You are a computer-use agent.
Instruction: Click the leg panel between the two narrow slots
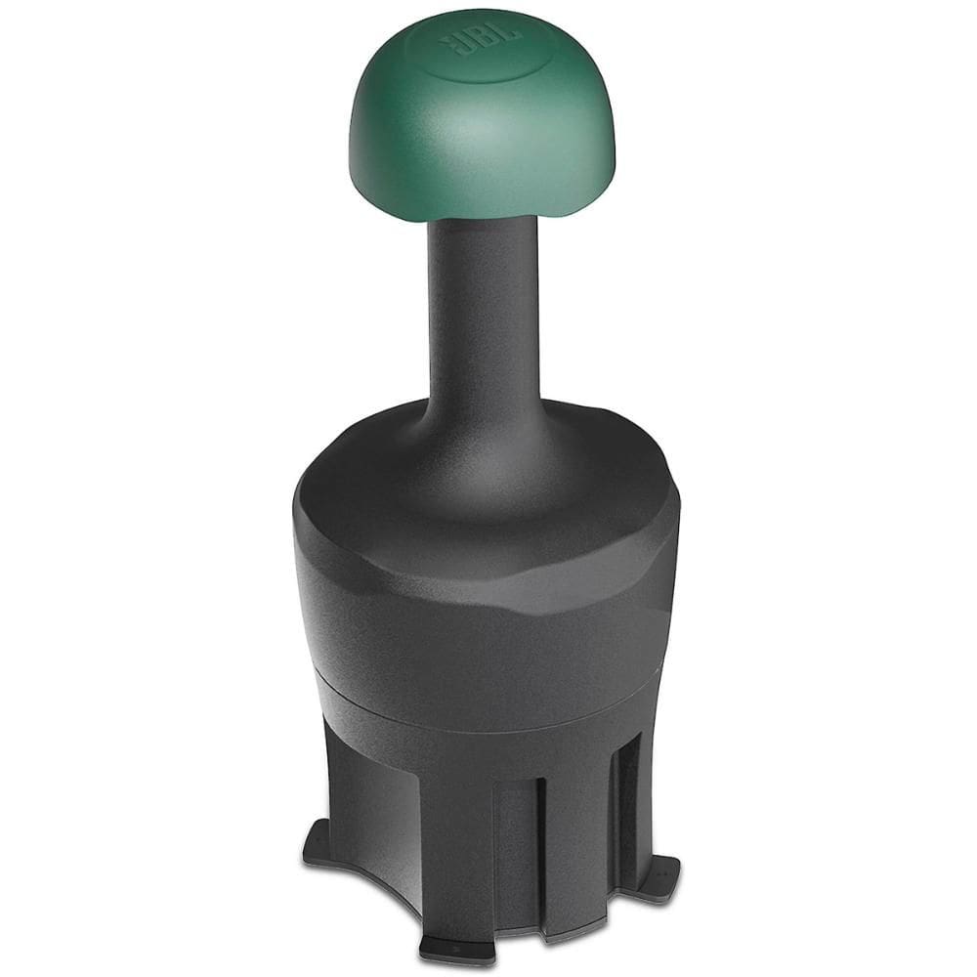576,821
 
